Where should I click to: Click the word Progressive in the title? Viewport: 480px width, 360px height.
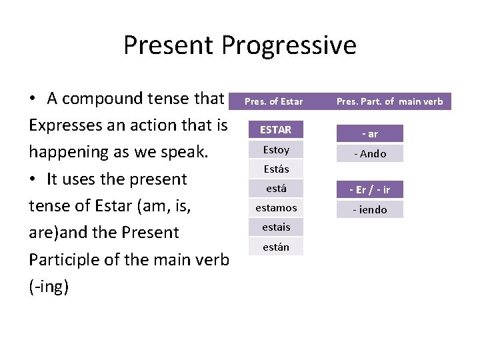(289, 46)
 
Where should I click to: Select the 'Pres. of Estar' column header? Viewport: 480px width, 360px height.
(274, 101)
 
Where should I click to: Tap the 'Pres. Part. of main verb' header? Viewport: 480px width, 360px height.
(389, 101)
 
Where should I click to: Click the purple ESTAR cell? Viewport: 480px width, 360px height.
(275, 129)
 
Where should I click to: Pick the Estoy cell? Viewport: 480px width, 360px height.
(275, 149)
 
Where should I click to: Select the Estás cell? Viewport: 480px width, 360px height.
(275, 169)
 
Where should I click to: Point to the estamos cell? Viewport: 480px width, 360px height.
(275, 207)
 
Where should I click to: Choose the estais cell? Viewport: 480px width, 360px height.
(275, 227)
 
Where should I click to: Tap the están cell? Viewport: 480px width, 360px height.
(275, 247)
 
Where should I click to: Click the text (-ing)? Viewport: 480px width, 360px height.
(49, 287)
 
